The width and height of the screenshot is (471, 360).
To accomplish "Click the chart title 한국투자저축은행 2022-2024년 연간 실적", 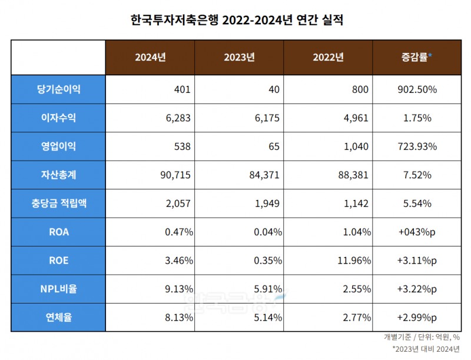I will (235, 20).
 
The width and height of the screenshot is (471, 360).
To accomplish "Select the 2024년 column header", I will (150, 57).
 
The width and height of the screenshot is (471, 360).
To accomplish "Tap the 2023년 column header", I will (239, 57).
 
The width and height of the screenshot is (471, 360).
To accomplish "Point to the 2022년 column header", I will (328, 57).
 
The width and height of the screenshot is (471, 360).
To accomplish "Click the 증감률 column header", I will (416, 57).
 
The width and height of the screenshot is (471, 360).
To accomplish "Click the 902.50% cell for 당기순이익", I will (416, 89).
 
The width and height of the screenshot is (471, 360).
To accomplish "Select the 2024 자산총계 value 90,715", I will (177, 175).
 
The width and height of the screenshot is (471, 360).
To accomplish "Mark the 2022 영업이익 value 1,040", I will (356, 146).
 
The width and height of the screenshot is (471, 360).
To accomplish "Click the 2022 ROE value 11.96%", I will (354, 261).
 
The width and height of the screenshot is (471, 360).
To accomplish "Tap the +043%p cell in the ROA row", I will (416, 232).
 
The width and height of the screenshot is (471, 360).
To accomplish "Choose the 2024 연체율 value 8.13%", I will (178, 318).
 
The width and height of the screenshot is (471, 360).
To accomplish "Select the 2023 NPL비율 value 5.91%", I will (267, 289).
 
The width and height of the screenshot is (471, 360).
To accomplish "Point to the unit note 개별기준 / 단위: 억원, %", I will (422, 338).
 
